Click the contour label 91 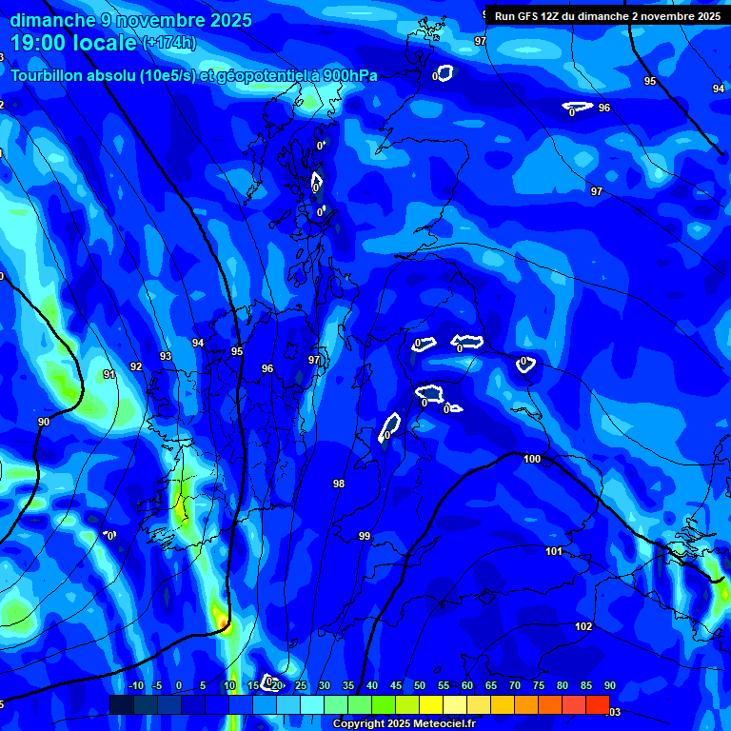109,375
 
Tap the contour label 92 136,366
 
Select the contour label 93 166,356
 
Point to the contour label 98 339,484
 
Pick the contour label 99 365,537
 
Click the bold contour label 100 532,460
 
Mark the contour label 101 554,552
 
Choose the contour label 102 583,627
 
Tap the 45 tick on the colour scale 396,686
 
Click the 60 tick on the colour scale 467,686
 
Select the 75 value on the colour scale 539,686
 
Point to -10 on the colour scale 135,686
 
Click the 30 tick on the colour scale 325,686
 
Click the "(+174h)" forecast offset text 169,43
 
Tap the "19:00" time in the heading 43,43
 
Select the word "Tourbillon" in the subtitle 48,75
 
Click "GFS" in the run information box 530,16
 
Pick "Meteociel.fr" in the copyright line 443,724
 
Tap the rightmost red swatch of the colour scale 597,704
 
